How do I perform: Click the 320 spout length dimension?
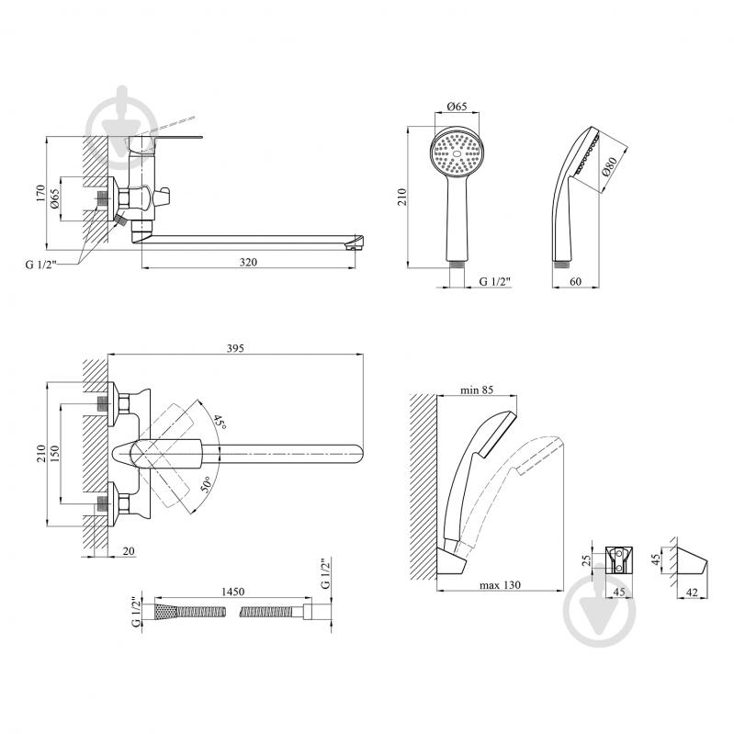click(x=248, y=262)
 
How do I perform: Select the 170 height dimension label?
click(x=40, y=194)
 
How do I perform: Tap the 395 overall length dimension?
click(x=235, y=348)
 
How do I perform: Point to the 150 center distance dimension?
click(x=55, y=454)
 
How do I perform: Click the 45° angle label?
click(x=220, y=423)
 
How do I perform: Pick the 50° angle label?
click(x=207, y=483)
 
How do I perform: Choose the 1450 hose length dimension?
click(x=232, y=592)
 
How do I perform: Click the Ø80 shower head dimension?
click(x=609, y=166)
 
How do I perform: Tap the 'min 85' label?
click(x=477, y=390)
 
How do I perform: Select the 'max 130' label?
click(x=500, y=584)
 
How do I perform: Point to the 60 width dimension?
click(x=576, y=281)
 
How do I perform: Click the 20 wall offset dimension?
click(x=129, y=551)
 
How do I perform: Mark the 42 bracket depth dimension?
click(x=692, y=593)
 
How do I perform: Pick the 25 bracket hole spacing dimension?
click(x=586, y=560)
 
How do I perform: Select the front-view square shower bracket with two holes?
click(x=619, y=559)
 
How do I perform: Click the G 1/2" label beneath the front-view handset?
click(x=495, y=281)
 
